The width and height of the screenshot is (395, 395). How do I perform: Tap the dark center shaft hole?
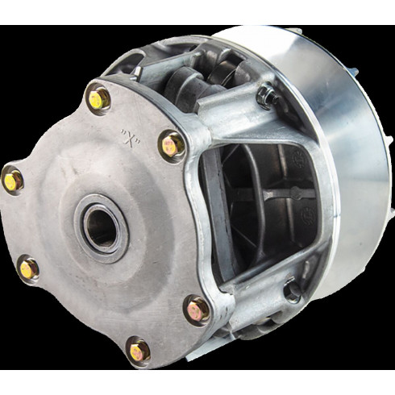[102, 227]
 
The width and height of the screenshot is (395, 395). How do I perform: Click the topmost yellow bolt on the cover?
[98, 99]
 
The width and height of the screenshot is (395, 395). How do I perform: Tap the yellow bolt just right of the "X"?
[171, 146]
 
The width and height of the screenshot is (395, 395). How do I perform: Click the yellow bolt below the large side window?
[197, 310]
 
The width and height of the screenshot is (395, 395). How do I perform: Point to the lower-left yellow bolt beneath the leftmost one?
[28, 268]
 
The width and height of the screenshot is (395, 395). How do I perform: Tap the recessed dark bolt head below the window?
[293, 291]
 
